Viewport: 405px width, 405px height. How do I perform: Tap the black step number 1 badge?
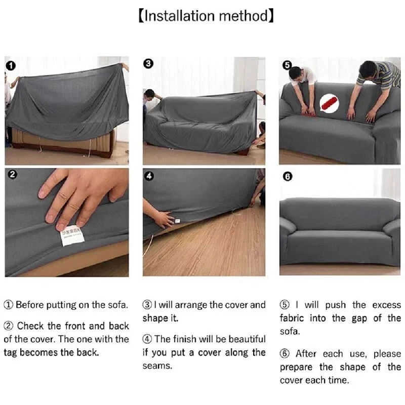pos(11,65)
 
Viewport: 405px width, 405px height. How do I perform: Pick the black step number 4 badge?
pos(149,176)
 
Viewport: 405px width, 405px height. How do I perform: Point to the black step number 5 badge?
pos(287,65)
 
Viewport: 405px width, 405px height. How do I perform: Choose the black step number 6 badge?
pos(288,177)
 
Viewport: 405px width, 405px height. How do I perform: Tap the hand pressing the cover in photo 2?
pos(81,195)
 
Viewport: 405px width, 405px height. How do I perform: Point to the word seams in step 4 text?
pos(157,366)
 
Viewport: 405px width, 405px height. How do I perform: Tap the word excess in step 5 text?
pos(386,305)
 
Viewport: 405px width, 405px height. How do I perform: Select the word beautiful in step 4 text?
pos(240,339)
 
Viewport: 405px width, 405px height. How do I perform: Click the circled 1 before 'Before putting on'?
pos(9,305)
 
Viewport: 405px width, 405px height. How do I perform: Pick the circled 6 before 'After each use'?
pos(285,354)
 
